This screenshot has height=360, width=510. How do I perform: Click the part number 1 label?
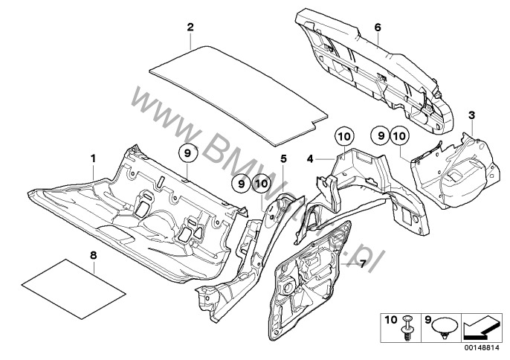click(94, 158)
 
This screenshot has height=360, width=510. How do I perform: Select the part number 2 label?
click(190, 28)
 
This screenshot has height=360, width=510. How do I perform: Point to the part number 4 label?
click(309, 158)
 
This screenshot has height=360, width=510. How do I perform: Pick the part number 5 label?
click(283, 158)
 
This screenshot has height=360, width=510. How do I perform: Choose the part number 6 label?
click(377, 28)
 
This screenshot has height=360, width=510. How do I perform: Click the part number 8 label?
click(94, 256)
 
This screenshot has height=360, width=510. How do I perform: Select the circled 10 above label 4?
click(343, 137)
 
